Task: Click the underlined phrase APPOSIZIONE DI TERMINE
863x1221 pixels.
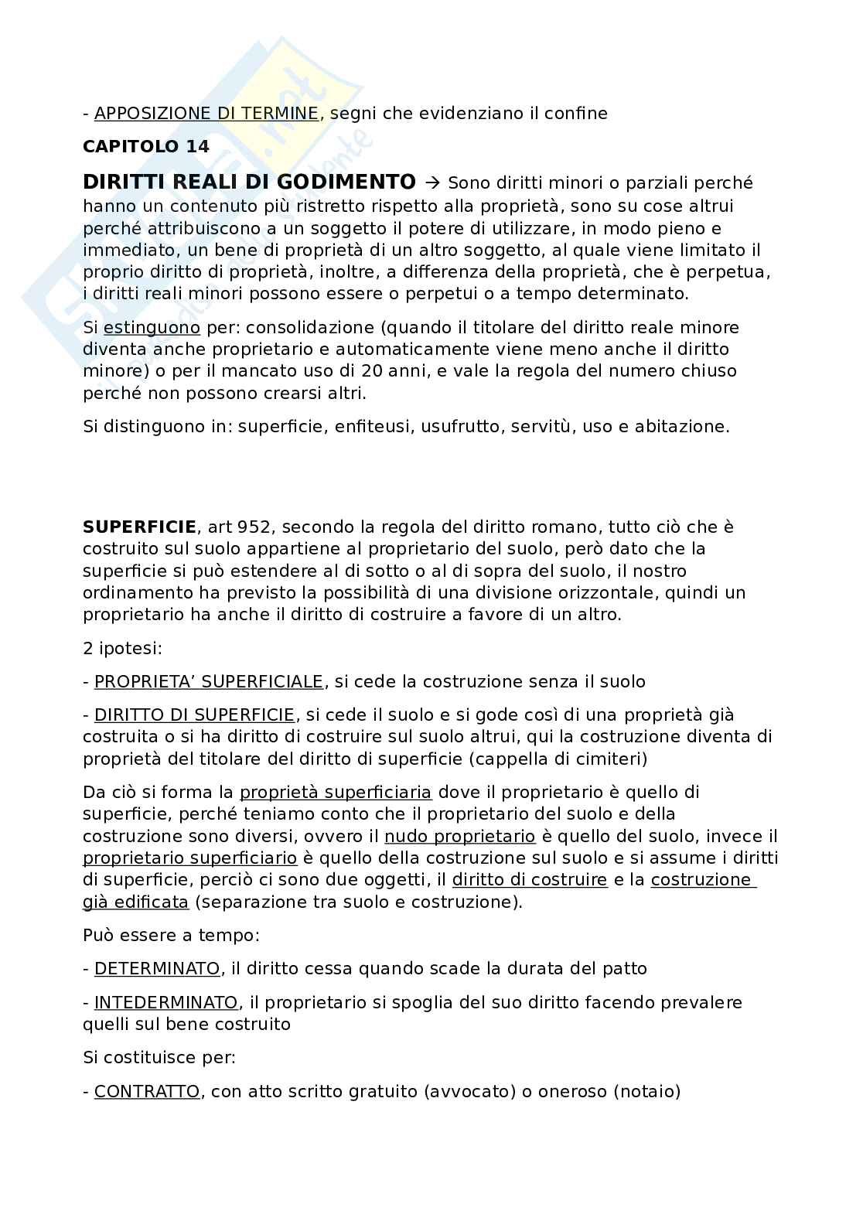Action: (206, 114)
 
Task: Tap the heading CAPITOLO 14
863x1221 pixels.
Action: (146, 147)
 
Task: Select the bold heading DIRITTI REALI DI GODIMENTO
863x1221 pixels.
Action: (249, 182)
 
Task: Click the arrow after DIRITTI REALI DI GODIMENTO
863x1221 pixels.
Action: (432, 183)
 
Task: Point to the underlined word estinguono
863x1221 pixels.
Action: (152, 327)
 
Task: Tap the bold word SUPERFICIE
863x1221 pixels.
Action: (139, 527)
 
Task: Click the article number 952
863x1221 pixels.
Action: (255, 527)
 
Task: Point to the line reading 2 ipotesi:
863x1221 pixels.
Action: (123, 648)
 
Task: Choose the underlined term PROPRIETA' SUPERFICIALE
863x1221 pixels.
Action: (209, 682)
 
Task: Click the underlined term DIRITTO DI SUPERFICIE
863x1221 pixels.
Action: (194, 715)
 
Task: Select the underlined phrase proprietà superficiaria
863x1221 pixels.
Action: (336, 793)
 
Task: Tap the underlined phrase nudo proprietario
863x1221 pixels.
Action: (460, 836)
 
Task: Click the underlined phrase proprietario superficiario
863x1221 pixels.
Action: (190, 858)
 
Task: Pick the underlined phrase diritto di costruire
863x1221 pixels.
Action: (530, 880)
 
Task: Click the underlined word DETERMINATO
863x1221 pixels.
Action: (157, 968)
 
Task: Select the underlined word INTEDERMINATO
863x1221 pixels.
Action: (165, 1003)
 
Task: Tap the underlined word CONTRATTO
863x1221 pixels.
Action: (147, 1092)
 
